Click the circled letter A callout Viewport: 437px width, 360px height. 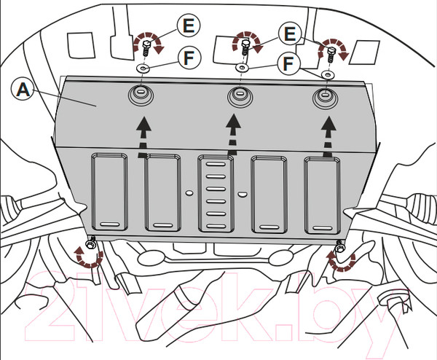[23, 90]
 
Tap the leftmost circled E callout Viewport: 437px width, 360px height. [189, 26]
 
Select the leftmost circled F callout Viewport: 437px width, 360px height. [189, 58]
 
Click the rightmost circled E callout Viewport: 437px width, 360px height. [290, 34]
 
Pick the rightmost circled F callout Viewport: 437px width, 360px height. [288, 64]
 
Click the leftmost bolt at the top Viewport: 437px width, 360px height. [146, 47]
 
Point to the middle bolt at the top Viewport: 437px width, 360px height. [245, 47]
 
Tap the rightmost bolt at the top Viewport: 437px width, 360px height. [331, 55]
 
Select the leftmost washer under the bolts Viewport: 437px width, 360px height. [143, 68]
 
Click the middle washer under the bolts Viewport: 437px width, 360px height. [243, 68]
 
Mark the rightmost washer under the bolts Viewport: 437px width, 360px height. [328, 75]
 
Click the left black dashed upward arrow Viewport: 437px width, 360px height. [144, 136]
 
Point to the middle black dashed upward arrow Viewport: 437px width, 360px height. [233, 136]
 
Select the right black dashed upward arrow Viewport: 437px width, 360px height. [328, 136]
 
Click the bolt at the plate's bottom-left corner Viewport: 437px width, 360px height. [91, 243]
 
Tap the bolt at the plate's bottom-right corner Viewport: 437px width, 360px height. [339, 246]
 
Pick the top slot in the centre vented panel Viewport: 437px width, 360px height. [216, 164]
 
